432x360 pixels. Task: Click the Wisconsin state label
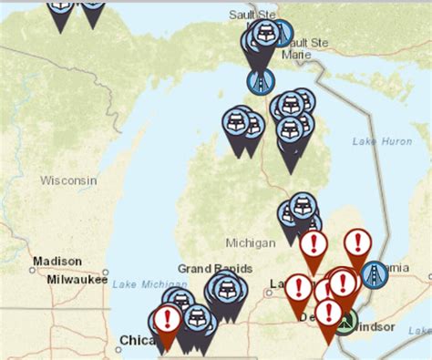(67, 180)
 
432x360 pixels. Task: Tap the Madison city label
(57, 262)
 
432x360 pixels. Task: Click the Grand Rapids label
(208, 269)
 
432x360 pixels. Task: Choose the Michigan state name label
(250, 243)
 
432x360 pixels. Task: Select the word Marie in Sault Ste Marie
(297, 55)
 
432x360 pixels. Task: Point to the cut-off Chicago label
(134, 341)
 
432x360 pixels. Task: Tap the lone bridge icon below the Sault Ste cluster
(261, 80)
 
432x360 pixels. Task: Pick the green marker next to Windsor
(344, 320)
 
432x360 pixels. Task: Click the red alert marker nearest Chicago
(166, 319)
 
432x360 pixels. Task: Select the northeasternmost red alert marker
(357, 243)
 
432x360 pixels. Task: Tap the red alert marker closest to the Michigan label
(314, 244)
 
